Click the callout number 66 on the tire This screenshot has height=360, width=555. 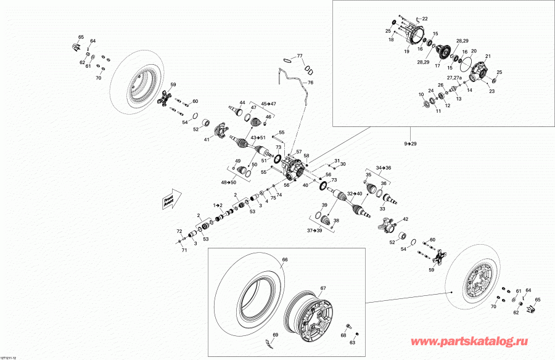285,260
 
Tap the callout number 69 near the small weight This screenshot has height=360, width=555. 276,334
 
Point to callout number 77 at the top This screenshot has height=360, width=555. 300,56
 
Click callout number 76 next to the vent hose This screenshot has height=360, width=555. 310,83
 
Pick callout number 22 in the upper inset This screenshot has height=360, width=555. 424,18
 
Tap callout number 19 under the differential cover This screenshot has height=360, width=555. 406,52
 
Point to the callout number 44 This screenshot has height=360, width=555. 242,102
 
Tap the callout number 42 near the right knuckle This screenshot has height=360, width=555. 405,219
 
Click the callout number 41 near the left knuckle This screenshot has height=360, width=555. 207,139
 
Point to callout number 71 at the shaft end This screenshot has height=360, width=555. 184,251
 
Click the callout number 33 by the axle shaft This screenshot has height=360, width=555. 382,208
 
